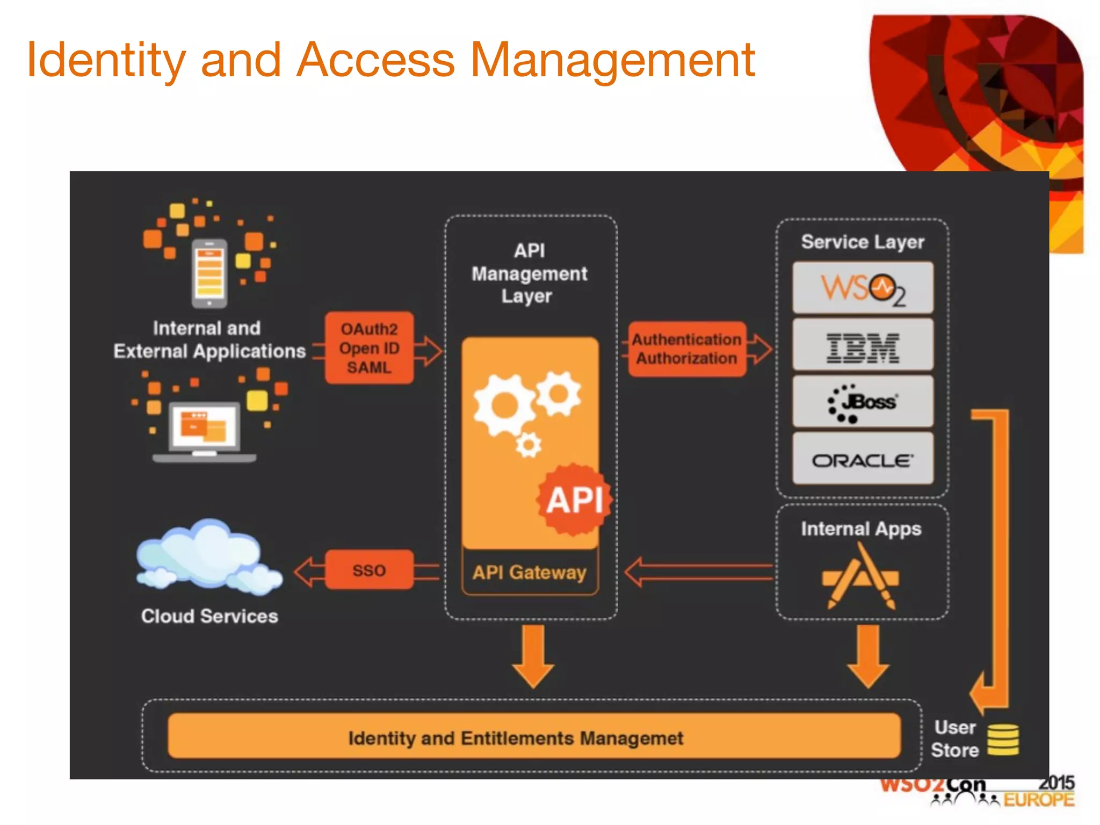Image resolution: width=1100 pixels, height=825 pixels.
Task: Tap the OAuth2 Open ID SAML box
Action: (370, 348)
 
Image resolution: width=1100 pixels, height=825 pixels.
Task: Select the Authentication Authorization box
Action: (686, 349)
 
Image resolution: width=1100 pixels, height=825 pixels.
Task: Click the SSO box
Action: (370, 570)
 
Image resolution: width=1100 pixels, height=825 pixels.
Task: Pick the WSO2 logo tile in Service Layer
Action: (863, 288)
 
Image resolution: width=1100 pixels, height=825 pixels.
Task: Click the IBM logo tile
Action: (863, 345)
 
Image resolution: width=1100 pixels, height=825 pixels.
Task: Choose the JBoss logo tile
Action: (863, 402)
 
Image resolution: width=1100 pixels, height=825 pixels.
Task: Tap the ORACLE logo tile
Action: (863, 460)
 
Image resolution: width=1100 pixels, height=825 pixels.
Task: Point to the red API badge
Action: (574, 500)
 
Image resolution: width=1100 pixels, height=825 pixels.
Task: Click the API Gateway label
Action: (530, 573)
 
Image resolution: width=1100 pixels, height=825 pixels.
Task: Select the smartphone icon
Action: (209, 273)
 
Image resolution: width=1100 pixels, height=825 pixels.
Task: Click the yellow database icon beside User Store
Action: (1003, 740)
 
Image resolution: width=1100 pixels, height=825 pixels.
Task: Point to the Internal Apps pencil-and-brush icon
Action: (860, 577)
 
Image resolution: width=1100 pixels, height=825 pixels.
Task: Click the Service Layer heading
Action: (863, 242)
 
